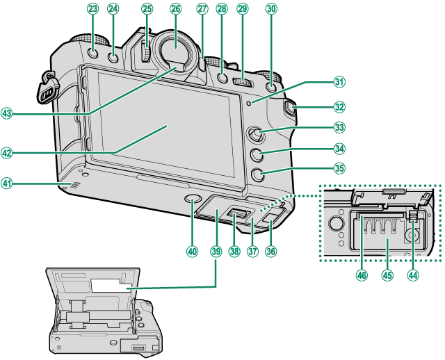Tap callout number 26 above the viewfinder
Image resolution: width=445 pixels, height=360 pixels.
pos(175,9)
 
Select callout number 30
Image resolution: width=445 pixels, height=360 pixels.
pos(271,9)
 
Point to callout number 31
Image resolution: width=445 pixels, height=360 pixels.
pos(339,82)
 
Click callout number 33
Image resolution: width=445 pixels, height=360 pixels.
pos(339,127)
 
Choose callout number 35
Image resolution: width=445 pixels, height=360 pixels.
pos(339,167)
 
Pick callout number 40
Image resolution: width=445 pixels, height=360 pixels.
pos(192,252)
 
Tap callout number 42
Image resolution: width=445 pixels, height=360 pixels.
pos(8,153)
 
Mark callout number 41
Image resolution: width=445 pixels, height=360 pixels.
pos(8,183)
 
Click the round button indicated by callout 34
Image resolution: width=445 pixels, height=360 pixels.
pos(254,155)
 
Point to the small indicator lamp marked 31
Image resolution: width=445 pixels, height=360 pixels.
pos(257,104)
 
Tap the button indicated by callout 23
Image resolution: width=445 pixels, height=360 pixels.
pos(93,55)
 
